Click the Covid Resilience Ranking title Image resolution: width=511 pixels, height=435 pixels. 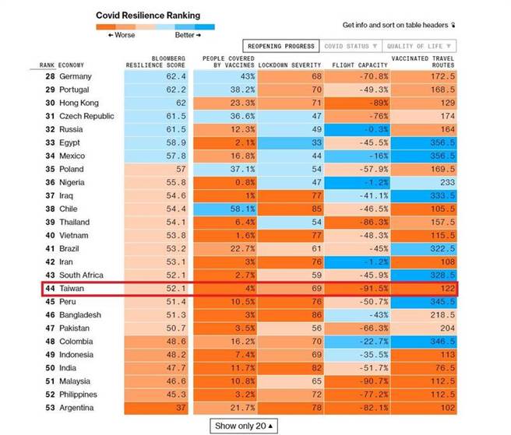click(147, 15)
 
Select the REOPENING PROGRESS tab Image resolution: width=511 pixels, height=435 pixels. click(278, 47)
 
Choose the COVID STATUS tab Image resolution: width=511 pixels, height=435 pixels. click(350, 47)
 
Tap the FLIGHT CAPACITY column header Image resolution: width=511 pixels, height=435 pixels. click(360, 65)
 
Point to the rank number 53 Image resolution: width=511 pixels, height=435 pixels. click(48, 408)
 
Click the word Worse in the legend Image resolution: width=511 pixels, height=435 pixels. click(125, 35)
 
